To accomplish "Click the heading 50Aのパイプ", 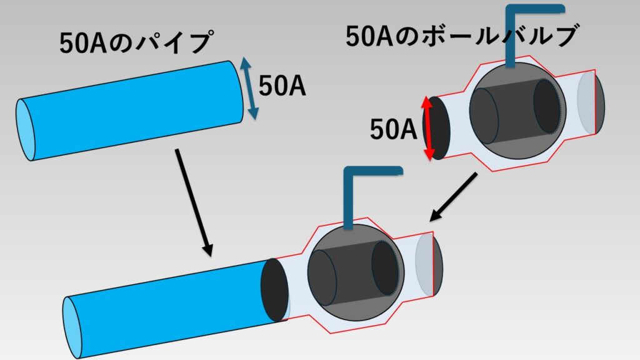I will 134,44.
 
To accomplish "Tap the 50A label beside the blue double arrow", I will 282,88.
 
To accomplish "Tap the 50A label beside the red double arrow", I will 393,130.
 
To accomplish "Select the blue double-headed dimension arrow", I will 249,88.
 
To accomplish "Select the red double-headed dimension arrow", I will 427,128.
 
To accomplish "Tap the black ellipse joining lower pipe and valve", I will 275,291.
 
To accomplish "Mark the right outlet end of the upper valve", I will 592,104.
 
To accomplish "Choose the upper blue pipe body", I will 131,109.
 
